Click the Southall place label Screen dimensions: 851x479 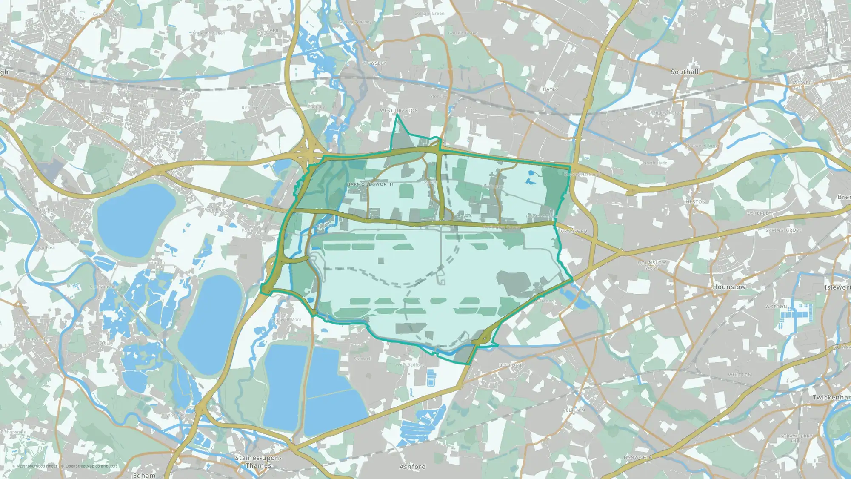point(685,72)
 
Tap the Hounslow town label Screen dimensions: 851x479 point(729,287)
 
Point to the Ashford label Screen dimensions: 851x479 point(412,467)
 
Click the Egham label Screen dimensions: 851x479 point(144,475)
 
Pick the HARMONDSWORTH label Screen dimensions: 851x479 point(370,184)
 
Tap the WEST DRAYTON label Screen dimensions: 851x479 point(399,111)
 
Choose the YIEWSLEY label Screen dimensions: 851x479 point(374,63)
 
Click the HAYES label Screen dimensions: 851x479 point(550,89)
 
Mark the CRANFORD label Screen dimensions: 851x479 point(574,232)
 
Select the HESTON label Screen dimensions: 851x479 point(696,202)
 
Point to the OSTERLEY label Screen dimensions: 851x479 point(759,213)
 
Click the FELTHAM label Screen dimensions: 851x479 point(574,410)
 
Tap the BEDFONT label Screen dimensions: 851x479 point(510,365)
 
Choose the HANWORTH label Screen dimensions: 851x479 point(638,458)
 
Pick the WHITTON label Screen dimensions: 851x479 point(740,375)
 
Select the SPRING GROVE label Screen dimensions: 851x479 point(784,230)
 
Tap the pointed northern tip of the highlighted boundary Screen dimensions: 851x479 point(397,114)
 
